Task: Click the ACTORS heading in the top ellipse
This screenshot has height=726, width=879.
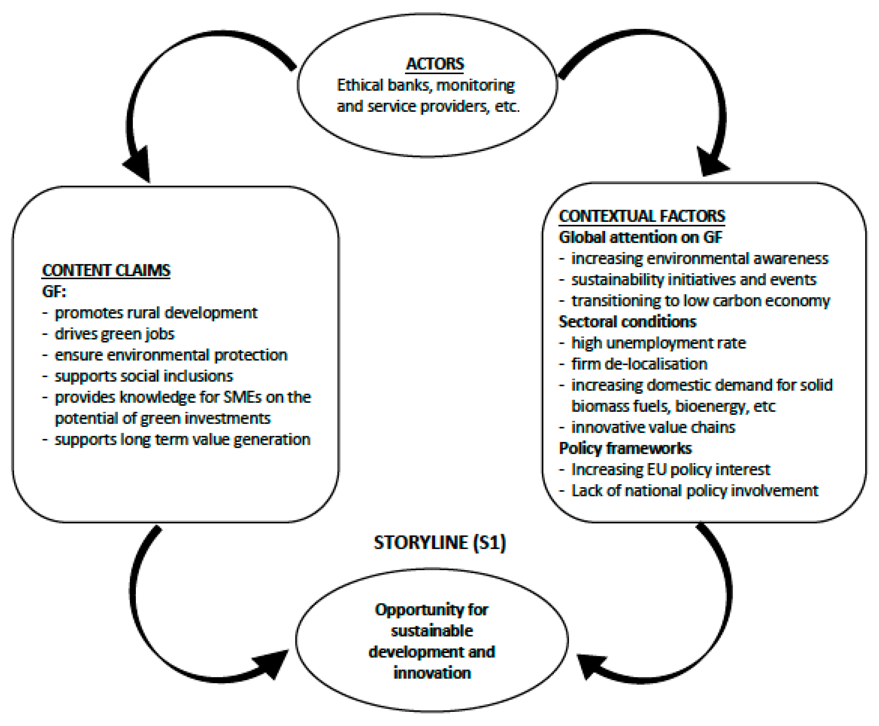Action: coord(435,64)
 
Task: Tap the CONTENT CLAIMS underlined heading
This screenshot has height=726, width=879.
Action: coord(106,271)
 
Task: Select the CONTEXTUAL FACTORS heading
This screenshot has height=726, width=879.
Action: coord(642,216)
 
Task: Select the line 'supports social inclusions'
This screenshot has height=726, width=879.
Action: coord(144,376)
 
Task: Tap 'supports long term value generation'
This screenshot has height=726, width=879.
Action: coord(182,439)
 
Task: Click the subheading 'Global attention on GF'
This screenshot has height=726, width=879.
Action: coord(640,237)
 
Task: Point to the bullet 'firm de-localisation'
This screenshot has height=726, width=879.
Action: coord(639,364)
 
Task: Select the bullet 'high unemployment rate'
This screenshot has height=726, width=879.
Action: coord(658,343)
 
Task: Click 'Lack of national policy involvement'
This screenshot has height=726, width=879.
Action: coord(694,491)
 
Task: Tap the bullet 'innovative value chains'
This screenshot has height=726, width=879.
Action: coord(653,427)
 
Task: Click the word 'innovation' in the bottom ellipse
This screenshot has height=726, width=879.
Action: coord(432,673)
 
